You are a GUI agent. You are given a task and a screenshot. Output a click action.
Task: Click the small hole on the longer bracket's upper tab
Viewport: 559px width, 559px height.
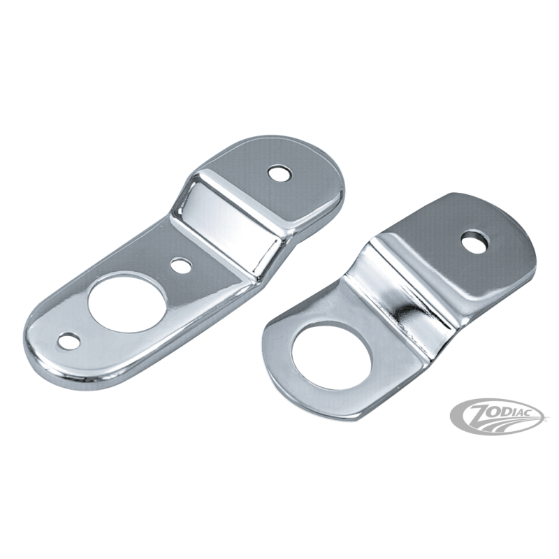(280, 173)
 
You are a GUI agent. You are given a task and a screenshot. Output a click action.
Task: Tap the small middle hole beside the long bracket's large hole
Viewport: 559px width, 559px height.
(181, 265)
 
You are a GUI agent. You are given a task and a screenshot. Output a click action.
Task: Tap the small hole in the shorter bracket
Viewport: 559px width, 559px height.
(475, 242)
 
